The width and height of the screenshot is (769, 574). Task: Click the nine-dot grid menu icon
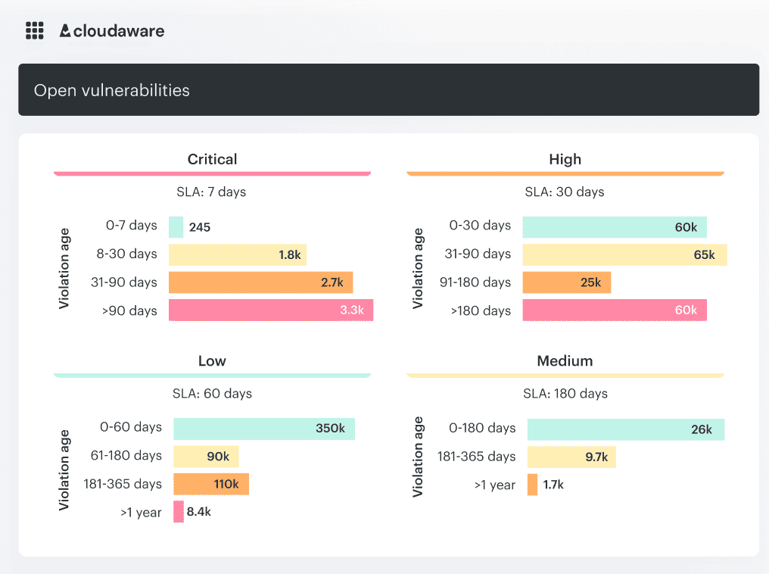coord(34,30)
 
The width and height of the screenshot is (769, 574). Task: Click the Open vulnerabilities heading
coord(111,90)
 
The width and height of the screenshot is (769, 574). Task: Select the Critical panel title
coord(212,159)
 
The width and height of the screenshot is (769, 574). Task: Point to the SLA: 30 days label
coord(565,192)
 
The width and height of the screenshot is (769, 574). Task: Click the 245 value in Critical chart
coord(200,227)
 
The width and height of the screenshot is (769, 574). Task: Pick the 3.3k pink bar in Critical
coord(270,310)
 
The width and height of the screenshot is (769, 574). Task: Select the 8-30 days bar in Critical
coord(237,254)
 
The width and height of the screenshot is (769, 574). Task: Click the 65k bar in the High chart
coord(624,254)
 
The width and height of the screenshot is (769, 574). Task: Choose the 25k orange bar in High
coord(566,282)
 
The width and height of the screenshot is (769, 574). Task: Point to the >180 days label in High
coord(482,310)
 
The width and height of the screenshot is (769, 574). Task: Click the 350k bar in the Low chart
coord(263,429)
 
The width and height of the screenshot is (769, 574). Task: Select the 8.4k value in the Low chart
coord(199,512)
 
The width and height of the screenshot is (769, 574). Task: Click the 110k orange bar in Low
coord(210,484)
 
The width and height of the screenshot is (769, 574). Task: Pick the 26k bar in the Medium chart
coord(625,429)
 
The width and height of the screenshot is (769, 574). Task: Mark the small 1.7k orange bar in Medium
coord(532,485)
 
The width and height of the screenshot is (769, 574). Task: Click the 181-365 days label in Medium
coord(476,456)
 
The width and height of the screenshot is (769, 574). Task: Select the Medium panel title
coord(565,360)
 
